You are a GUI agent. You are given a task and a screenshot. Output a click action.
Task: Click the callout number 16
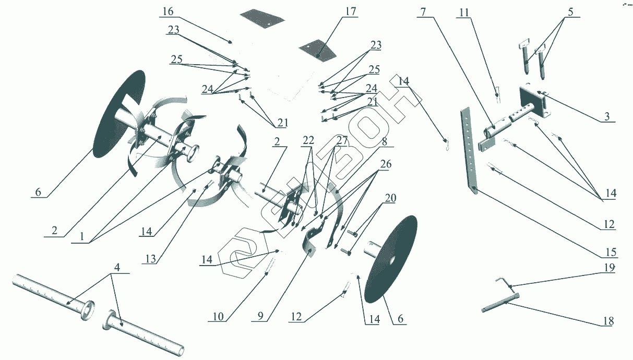(168, 11)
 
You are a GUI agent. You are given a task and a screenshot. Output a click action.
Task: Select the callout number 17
(351, 11)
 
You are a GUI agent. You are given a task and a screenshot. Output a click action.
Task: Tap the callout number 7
(423, 12)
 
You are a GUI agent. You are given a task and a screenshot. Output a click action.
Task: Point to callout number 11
(464, 13)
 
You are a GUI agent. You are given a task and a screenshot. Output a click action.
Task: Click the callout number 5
(570, 12)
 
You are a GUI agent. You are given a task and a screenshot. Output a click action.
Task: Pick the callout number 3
(607, 116)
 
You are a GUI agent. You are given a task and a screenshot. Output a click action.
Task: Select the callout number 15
(611, 252)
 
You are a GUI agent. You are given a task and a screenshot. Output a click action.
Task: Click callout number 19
(610, 267)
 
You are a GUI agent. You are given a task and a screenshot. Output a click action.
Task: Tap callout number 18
(608, 321)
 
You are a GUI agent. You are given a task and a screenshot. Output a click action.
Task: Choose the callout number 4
(117, 267)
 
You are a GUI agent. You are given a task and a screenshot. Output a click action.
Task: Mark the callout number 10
(218, 317)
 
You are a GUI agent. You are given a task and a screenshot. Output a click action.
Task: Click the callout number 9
(260, 317)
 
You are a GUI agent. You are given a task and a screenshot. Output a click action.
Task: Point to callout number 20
(390, 198)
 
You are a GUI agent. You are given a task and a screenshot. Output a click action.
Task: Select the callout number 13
(151, 259)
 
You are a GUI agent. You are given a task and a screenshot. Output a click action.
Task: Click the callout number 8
(384, 141)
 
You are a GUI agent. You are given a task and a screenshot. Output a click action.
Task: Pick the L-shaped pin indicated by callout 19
(504, 282)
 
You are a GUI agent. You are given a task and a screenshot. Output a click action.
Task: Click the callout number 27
(342, 140)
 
